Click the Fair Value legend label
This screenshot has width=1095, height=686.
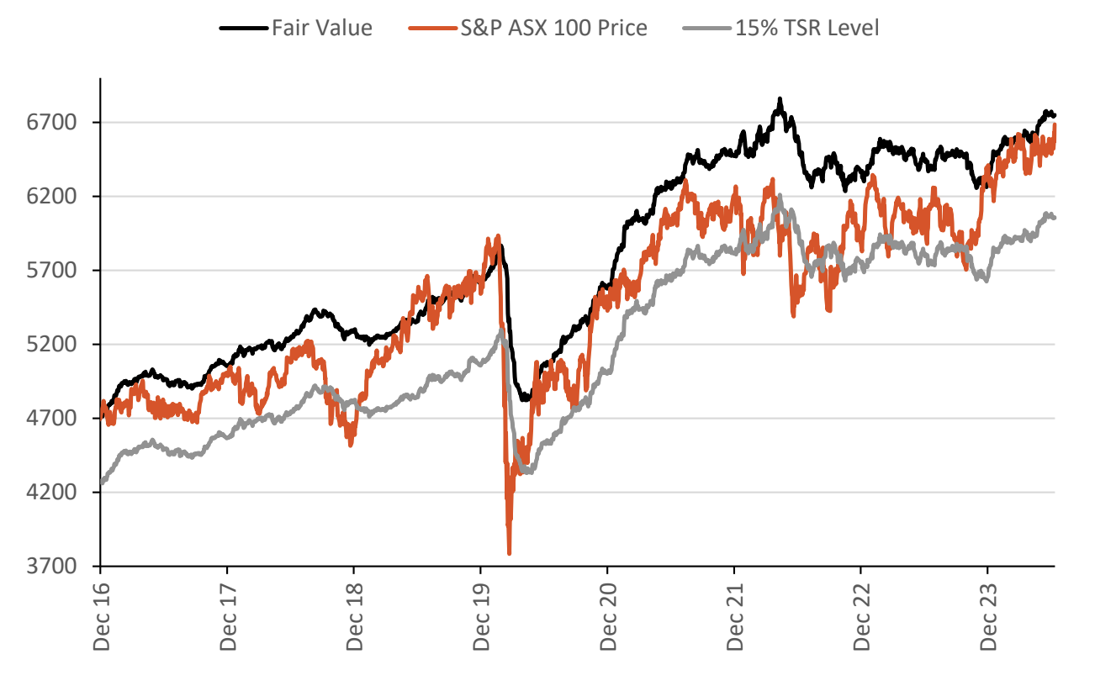click(321, 28)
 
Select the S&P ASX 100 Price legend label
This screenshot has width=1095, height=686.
click(553, 28)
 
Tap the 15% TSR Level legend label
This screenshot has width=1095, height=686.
click(807, 28)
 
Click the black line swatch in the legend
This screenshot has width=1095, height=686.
click(244, 29)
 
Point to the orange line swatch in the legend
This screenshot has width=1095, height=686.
click(432, 29)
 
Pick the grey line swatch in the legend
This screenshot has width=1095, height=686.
click(706, 29)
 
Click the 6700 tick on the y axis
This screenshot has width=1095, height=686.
click(53, 123)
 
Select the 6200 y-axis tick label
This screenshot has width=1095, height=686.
click(53, 197)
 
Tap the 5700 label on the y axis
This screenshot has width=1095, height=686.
click(53, 271)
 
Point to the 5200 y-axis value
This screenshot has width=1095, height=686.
click(53, 345)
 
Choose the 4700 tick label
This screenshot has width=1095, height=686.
click(53, 419)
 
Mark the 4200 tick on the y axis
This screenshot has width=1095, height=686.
click(53, 493)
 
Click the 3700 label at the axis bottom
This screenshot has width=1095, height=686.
click(53, 567)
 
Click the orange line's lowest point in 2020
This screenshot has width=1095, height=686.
click(509, 553)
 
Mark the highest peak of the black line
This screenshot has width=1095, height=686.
click(780, 99)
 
